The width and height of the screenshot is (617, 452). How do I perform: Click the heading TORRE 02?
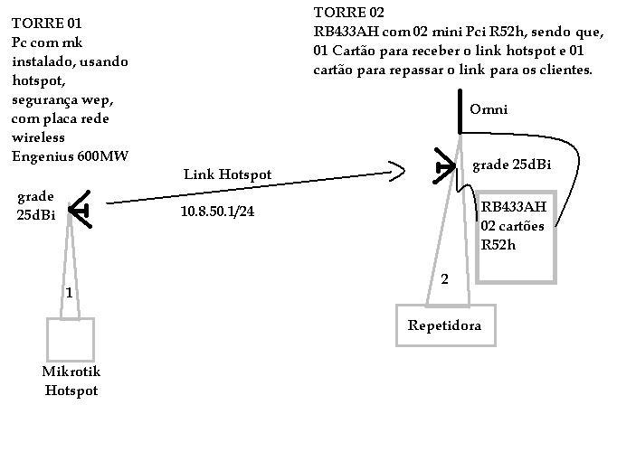click(348, 13)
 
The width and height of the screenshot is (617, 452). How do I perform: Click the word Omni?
click(489, 109)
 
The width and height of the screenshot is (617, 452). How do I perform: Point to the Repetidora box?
click(445, 325)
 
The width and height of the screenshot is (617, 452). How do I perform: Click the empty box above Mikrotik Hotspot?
click(71, 339)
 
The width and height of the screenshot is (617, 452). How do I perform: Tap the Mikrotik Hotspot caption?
click(71, 381)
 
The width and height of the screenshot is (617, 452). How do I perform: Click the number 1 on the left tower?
click(69, 292)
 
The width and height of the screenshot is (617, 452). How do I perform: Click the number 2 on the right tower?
click(444, 279)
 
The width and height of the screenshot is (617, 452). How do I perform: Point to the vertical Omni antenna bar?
click(460, 113)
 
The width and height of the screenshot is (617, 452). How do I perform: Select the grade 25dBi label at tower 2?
click(511, 165)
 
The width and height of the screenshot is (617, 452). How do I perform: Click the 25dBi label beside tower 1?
click(35, 214)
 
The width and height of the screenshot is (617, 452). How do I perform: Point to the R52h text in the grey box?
click(497, 243)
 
